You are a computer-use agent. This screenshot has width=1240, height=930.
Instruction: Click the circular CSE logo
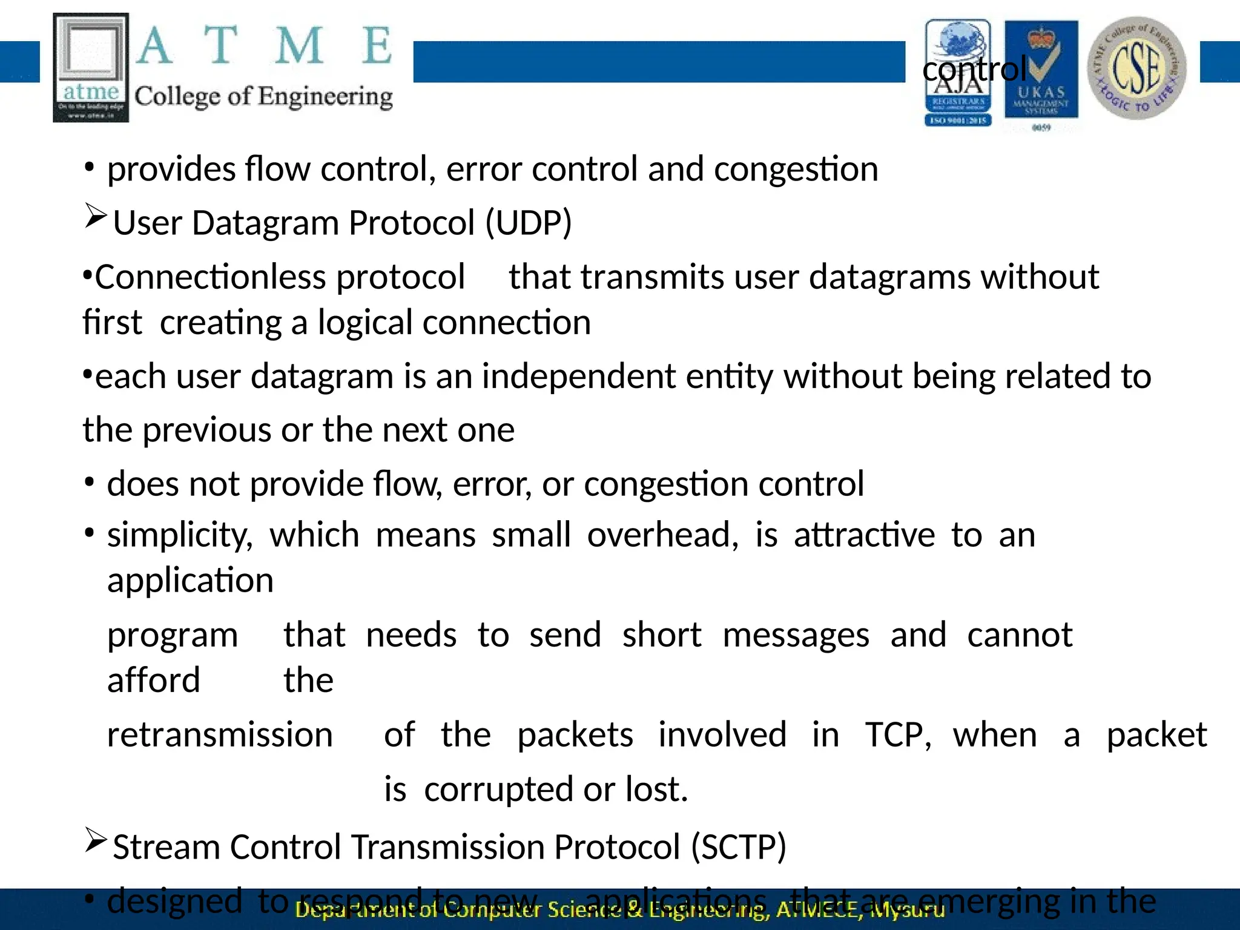(x=1136, y=68)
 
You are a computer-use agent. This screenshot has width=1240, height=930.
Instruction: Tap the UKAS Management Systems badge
(x=1041, y=73)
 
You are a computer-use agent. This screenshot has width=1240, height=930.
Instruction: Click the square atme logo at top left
(x=91, y=67)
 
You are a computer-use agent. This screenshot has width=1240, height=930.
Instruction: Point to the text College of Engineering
(x=263, y=97)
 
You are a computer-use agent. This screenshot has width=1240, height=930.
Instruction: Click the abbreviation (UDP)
(x=529, y=223)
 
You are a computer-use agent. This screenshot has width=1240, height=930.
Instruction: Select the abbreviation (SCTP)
(x=739, y=846)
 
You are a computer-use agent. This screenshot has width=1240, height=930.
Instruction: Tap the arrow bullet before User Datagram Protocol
(x=96, y=216)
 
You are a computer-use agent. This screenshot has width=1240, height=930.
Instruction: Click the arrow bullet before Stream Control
(x=96, y=840)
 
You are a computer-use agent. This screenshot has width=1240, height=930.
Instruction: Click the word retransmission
(x=220, y=735)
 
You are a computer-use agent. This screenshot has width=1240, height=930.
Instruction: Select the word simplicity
(x=179, y=536)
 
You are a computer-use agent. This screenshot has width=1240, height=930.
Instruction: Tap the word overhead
(x=662, y=535)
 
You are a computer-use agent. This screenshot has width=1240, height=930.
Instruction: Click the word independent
(x=578, y=377)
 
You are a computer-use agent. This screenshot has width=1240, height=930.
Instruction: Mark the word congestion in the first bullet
(x=796, y=169)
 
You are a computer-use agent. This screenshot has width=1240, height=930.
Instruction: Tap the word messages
(x=796, y=636)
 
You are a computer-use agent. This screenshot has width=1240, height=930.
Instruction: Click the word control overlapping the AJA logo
(x=974, y=69)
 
